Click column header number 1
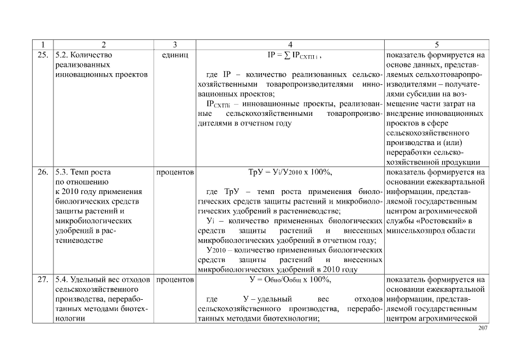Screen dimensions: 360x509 [42, 44]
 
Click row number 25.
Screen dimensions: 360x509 [42, 55]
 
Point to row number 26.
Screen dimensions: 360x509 [42, 172]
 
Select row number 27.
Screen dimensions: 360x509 [42, 280]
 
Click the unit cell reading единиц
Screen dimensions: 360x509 [174, 55]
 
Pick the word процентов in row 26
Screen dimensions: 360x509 [174, 172]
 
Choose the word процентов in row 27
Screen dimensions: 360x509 [174, 280]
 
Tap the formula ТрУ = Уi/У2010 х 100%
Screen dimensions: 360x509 [290, 172]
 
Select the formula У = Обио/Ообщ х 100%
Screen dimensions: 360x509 [290, 280]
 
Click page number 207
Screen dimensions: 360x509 [482, 328]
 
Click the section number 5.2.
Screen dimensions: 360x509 [61, 55]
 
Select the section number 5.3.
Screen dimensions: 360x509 [61, 172]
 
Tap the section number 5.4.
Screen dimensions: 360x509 [61, 280]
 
